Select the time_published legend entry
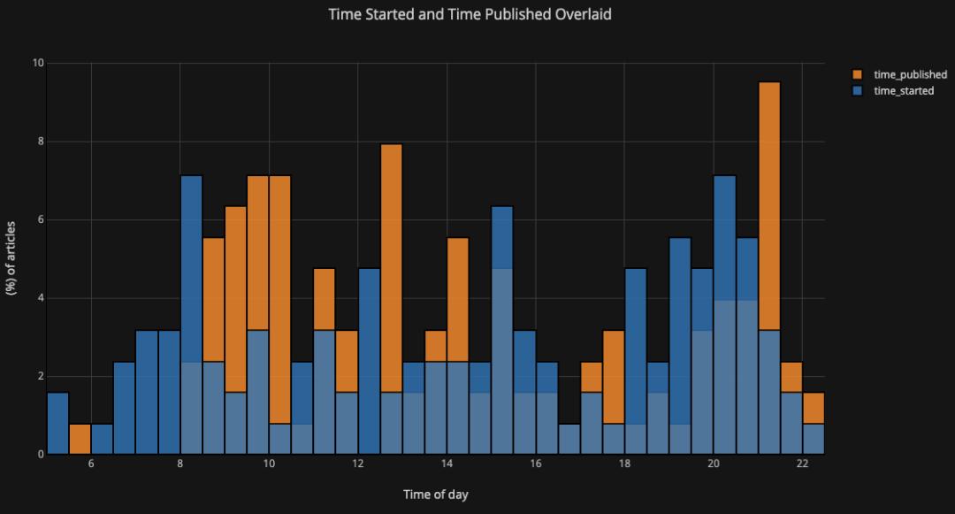910,75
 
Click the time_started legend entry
903,90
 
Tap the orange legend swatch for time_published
858,75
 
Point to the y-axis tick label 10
38,63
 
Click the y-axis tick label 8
41,142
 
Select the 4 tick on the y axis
41,298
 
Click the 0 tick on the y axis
41,455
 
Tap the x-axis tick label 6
91,466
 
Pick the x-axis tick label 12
358,466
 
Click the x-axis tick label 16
536,466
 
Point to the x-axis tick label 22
802,466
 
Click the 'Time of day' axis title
435,495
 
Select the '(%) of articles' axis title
12,258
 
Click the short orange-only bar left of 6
80,439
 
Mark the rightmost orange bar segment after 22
814,408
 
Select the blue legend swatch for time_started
858,90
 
